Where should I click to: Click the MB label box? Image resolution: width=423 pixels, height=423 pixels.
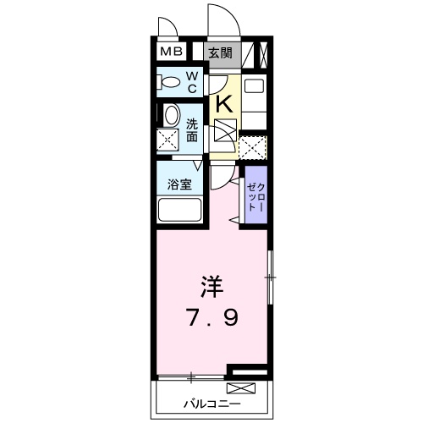point(172,52)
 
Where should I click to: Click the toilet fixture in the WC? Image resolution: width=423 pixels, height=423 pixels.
point(168,82)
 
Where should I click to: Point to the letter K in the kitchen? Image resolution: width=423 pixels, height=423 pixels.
point(224,103)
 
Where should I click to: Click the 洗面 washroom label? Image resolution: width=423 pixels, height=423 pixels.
point(192,129)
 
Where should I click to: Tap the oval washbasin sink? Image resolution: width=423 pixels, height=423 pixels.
point(170,115)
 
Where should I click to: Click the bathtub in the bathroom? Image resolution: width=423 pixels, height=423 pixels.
point(178,211)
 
